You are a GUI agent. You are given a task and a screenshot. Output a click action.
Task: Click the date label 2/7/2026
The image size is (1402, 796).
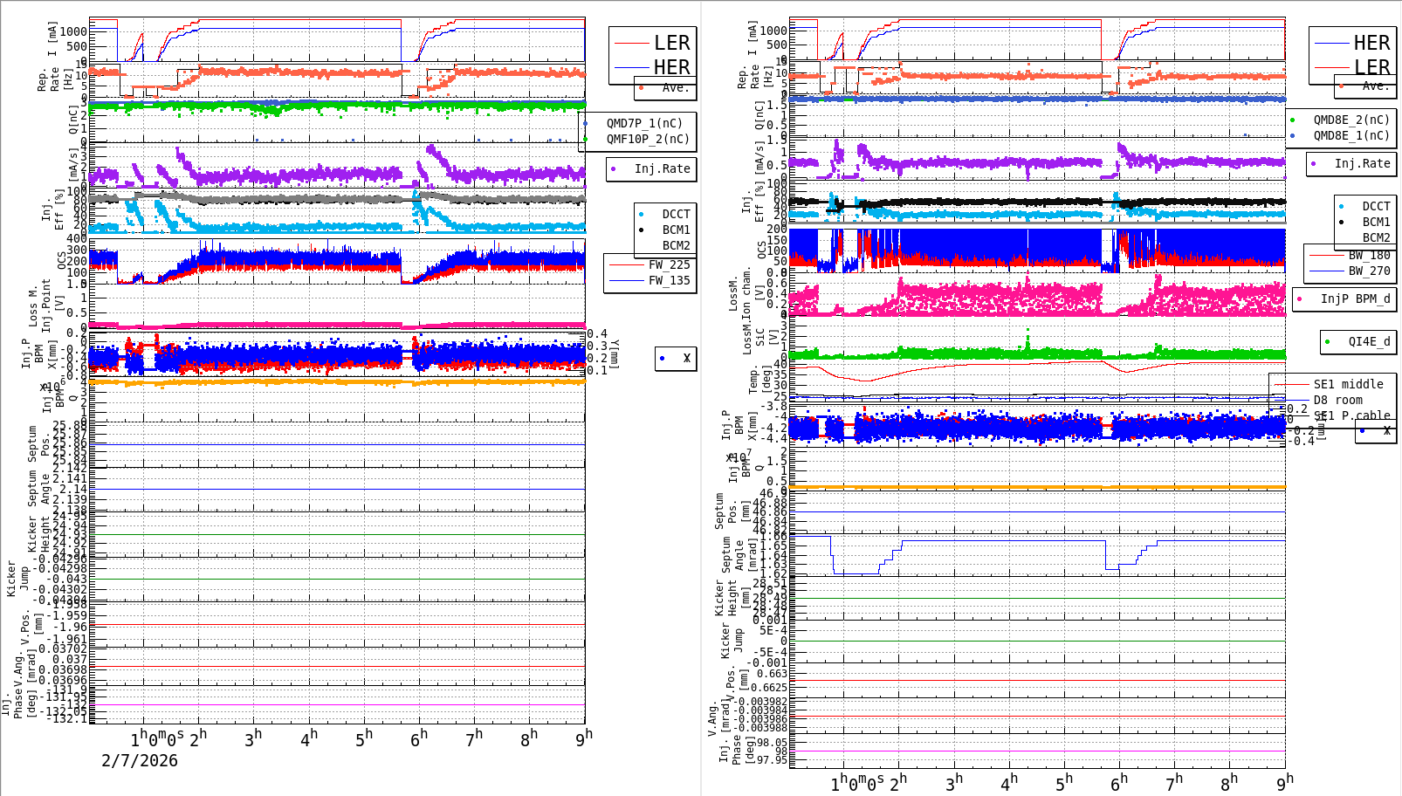pyautogui.click(x=140, y=761)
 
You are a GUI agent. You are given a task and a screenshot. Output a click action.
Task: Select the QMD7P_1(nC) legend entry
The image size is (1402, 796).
pyautogui.click(x=644, y=123)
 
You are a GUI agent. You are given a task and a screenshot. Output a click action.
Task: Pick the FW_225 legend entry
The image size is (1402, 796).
pyautogui.click(x=669, y=264)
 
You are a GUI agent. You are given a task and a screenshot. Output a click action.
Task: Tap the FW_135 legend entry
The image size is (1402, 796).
pyautogui.click(x=669, y=280)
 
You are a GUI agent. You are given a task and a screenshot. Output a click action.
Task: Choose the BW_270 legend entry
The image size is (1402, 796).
pyautogui.click(x=1369, y=271)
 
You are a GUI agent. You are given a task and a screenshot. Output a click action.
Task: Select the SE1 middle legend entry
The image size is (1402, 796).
pyautogui.click(x=1348, y=384)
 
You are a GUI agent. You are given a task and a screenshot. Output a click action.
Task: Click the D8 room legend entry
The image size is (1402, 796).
pyautogui.click(x=1337, y=400)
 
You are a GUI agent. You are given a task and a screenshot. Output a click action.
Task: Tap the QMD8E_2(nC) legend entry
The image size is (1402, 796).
pyautogui.click(x=1351, y=120)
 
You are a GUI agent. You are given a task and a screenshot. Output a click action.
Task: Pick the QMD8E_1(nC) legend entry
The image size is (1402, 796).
pyautogui.click(x=1351, y=135)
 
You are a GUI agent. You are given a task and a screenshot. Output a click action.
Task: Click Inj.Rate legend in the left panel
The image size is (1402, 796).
pyautogui.click(x=662, y=168)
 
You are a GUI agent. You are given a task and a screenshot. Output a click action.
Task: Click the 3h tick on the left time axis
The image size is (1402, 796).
pyautogui.click(x=253, y=738)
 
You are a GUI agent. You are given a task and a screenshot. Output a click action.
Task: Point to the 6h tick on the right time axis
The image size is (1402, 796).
pyautogui.click(x=1118, y=783)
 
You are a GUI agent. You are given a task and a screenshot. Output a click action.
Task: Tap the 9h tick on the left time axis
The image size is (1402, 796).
pyautogui.click(x=583, y=738)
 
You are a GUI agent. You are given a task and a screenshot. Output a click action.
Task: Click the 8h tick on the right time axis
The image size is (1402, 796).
pyautogui.click(x=1228, y=783)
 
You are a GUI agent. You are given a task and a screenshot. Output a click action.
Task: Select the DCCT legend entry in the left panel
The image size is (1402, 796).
pyautogui.click(x=676, y=214)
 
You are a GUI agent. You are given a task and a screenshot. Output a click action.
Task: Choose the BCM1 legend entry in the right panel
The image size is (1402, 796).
pyautogui.click(x=1376, y=222)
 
